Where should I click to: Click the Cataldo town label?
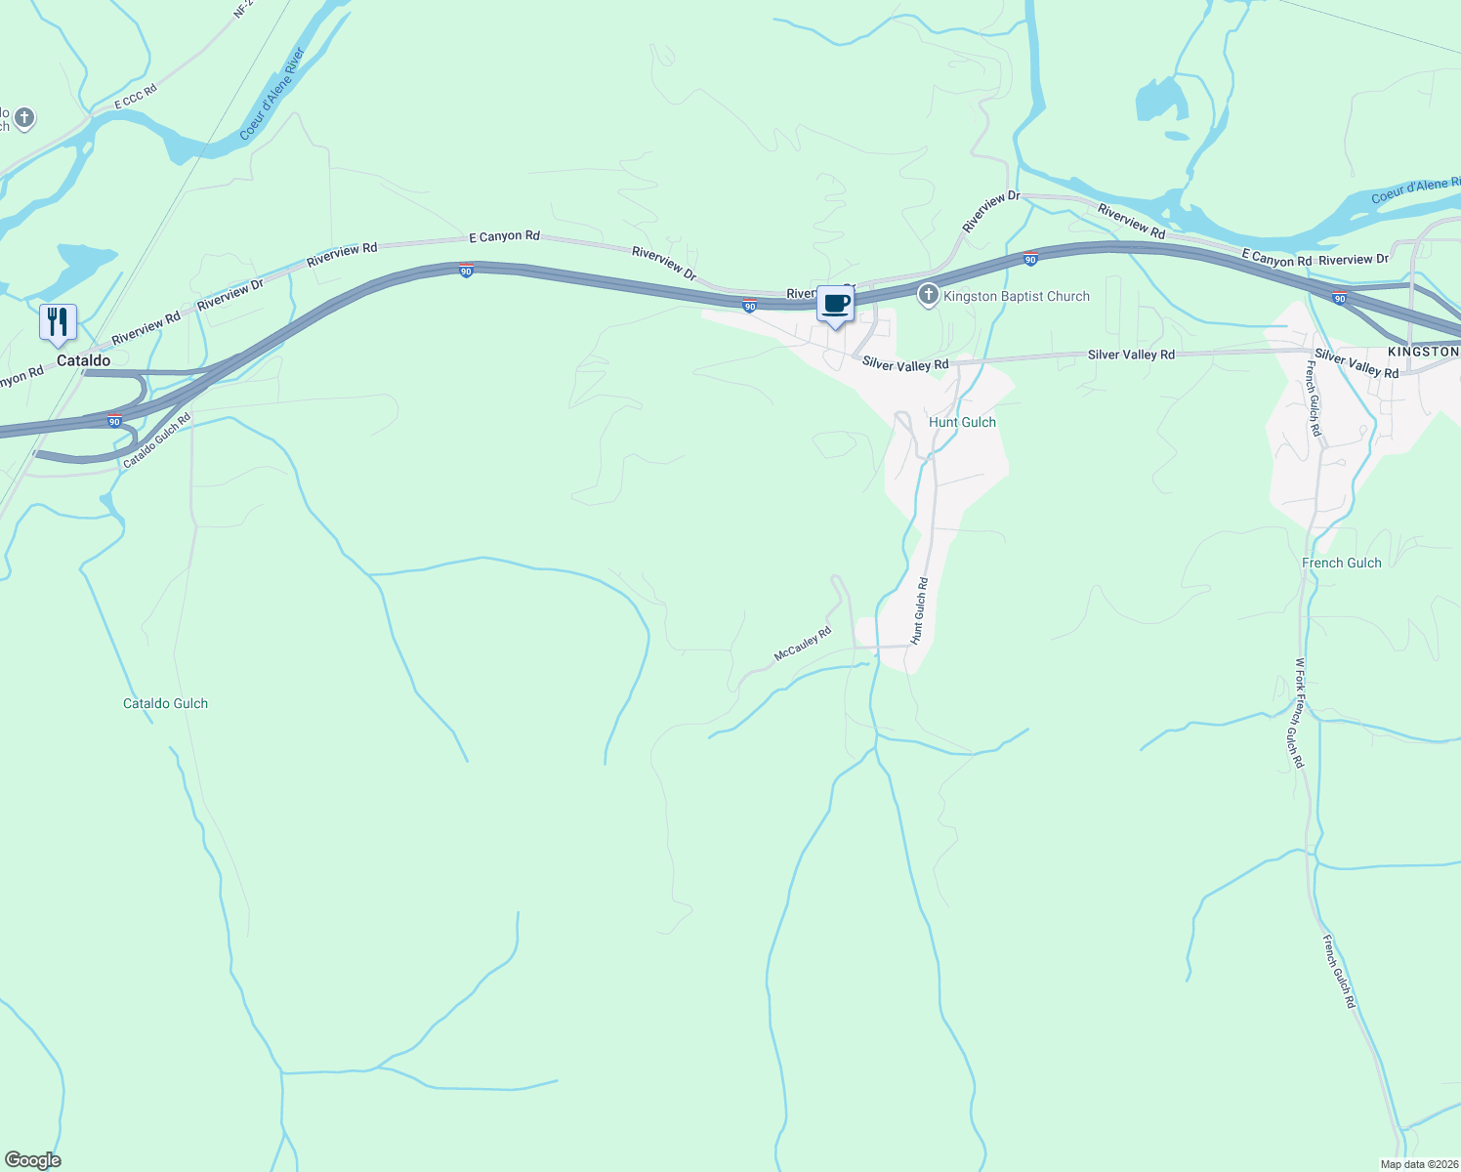[x=83, y=360]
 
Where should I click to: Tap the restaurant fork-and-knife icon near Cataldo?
[x=58, y=322]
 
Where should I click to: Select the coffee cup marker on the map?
[x=835, y=304]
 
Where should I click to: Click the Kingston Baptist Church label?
[x=1016, y=296]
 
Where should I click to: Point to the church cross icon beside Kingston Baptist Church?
[x=928, y=294]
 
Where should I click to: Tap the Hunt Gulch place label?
[x=962, y=422]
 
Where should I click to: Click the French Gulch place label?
[x=1341, y=563]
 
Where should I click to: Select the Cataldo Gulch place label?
[x=165, y=703]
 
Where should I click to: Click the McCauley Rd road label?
[x=802, y=644]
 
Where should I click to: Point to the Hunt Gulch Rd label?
[x=919, y=610]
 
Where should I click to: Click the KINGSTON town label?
[x=1423, y=352]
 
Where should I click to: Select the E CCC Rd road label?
[x=135, y=98]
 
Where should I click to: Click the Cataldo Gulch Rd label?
[x=156, y=440]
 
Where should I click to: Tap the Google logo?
[x=33, y=1160]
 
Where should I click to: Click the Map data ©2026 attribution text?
[x=1417, y=1164]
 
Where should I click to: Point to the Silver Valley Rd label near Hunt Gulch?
[x=905, y=364]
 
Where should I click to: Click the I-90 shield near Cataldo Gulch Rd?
[x=114, y=422]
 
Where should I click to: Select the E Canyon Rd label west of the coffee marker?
[x=504, y=236]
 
